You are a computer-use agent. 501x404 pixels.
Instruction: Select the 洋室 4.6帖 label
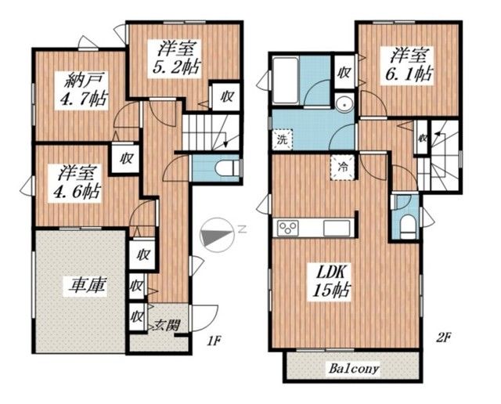coord(74,183)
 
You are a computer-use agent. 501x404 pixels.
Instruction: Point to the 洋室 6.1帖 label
coord(406,65)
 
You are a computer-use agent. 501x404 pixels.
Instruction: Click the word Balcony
coord(354,370)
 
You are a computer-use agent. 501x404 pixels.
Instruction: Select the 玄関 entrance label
coord(165,326)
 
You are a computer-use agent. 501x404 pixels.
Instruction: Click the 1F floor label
coord(214,341)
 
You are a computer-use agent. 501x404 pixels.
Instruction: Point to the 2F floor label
coord(443,337)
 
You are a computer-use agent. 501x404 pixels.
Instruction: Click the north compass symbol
coord(218,234)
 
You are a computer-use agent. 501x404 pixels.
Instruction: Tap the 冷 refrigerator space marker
coord(343,168)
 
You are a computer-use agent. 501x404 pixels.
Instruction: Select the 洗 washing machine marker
coord(282,139)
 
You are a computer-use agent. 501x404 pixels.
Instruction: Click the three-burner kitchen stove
coord(288,228)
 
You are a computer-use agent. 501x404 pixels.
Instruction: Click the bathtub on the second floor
coord(286,81)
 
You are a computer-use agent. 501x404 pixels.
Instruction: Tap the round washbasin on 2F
coord(344,103)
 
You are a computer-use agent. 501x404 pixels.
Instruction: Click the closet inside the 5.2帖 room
coord(226,97)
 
